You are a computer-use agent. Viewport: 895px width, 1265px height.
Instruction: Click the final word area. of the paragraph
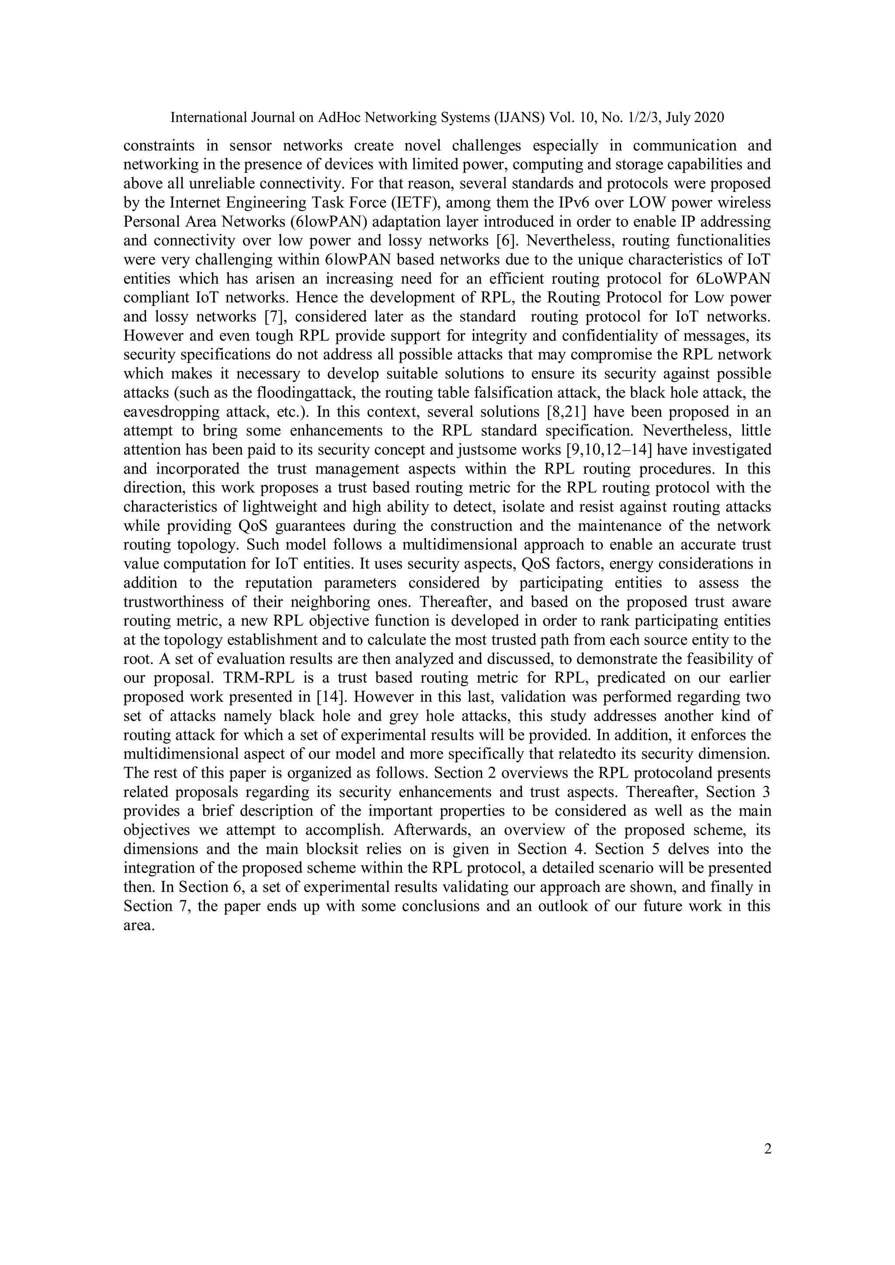click(139, 925)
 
